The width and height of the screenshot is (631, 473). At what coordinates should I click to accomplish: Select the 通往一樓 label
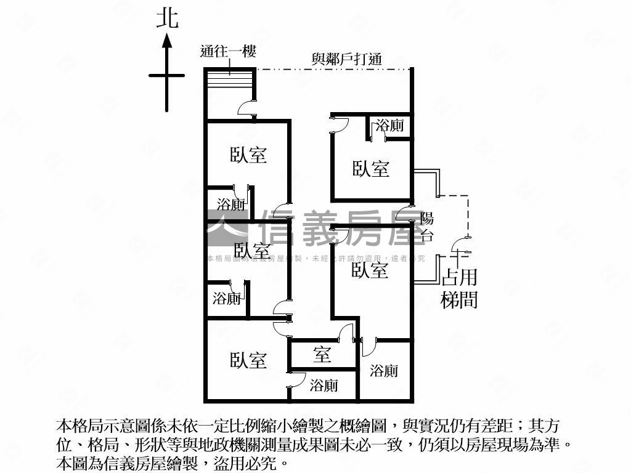pos(228,52)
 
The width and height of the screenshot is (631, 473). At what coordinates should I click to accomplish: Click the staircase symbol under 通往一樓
pos(230,81)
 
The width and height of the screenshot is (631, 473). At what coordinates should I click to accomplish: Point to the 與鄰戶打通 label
pos(347,59)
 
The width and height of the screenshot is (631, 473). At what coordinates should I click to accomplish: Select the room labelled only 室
pos(322,355)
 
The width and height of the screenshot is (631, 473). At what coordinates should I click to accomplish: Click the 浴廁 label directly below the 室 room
pos(324,386)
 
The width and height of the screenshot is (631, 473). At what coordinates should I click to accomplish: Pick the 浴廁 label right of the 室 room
pos(384,370)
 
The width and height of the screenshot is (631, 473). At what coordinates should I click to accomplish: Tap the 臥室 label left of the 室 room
pos(249,360)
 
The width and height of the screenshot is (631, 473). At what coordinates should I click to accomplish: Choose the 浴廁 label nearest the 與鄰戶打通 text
pos(390,126)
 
